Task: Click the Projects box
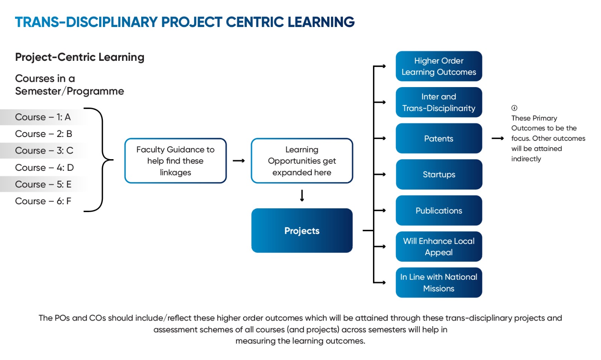pyautogui.click(x=302, y=230)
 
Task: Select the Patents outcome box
pyautogui.click(x=439, y=139)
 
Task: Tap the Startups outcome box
pyautogui.click(x=439, y=175)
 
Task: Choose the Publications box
pyautogui.click(x=439, y=211)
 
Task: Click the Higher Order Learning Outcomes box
pyautogui.click(x=439, y=66)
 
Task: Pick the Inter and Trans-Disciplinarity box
pyautogui.click(x=439, y=102)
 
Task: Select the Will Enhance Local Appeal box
pyautogui.click(x=439, y=247)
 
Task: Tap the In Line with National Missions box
pyautogui.click(x=439, y=283)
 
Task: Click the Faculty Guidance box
pyautogui.click(x=175, y=161)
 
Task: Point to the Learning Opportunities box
pyautogui.click(x=302, y=161)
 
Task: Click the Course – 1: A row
pyautogui.click(x=43, y=117)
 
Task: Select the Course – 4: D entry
pyautogui.click(x=44, y=167)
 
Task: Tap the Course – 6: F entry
pyautogui.click(x=43, y=201)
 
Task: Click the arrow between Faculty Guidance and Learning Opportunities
pyautogui.click(x=239, y=161)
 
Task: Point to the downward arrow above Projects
pyautogui.click(x=302, y=196)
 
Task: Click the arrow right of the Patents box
pyautogui.click(x=498, y=139)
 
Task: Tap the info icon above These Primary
pyautogui.click(x=514, y=108)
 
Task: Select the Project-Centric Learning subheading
pyautogui.click(x=80, y=57)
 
